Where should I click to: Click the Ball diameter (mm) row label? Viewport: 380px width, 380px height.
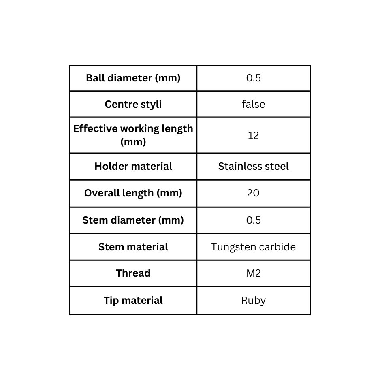tap(133, 78)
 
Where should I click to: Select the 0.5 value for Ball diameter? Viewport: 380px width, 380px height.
tap(254, 78)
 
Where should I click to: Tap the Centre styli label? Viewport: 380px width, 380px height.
tap(133, 105)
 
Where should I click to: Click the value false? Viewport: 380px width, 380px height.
tap(254, 104)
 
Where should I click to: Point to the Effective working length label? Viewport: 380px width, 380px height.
tap(133, 135)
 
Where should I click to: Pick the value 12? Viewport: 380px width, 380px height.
tap(254, 135)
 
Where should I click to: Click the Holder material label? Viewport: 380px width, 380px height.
tap(133, 166)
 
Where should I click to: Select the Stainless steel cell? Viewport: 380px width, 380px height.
tap(254, 166)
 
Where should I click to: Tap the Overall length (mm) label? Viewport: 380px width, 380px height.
tap(133, 193)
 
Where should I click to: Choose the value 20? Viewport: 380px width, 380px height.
tap(253, 193)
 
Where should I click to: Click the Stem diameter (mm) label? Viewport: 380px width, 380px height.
tap(133, 220)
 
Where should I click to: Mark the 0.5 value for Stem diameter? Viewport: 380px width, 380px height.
tap(254, 220)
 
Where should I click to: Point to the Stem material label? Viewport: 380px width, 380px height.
tap(133, 247)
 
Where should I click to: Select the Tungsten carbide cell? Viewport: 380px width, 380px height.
tap(254, 247)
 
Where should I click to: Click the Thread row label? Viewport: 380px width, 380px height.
tap(133, 273)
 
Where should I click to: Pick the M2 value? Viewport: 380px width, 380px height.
tap(254, 273)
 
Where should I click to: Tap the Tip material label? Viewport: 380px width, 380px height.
tap(133, 301)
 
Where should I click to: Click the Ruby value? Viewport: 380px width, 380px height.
tap(254, 301)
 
